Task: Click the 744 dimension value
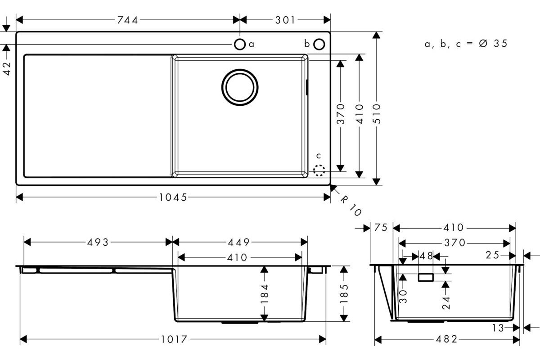(127, 20)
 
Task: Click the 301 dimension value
(285, 20)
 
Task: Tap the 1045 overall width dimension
(173, 198)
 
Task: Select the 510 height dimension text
(377, 114)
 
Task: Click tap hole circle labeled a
(239, 45)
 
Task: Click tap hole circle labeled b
(319, 45)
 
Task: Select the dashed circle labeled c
(319, 170)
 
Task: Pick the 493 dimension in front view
(98, 243)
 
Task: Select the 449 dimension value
(238, 243)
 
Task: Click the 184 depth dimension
(265, 294)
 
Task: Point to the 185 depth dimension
(344, 294)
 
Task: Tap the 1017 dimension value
(174, 339)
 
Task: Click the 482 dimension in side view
(446, 339)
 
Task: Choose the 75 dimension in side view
(381, 227)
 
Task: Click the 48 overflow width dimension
(426, 256)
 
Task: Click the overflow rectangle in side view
(426, 278)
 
